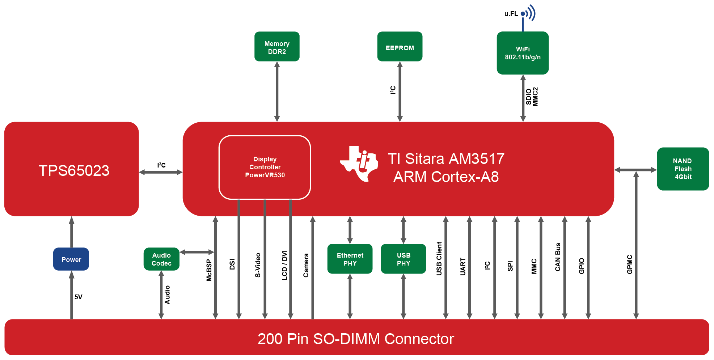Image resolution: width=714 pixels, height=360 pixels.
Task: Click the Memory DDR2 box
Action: (x=277, y=47)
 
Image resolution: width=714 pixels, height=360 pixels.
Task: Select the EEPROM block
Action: (x=400, y=47)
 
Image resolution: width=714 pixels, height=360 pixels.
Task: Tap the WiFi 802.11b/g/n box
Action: (x=523, y=53)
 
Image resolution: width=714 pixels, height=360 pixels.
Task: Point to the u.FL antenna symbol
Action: (x=528, y=14)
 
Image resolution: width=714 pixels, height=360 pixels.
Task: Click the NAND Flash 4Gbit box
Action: (x=683, y=169)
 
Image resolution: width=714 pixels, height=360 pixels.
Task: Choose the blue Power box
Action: (x=71, y=259)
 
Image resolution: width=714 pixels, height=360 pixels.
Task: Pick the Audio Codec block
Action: (x=161, y=259)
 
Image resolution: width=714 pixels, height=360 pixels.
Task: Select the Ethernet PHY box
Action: (x=350, y=259)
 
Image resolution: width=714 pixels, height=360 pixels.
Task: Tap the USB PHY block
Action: (x=403, y=259)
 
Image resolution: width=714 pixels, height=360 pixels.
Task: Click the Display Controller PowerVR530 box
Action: (x=265, y=167)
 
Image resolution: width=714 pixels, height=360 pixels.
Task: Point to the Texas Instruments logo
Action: (x=359, y=164)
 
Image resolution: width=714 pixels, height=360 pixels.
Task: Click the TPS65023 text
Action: (x=74, y=170)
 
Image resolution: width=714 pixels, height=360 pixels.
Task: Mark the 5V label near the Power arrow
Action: (x=79, y=297)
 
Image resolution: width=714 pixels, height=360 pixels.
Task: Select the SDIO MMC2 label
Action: (x=532, y=97)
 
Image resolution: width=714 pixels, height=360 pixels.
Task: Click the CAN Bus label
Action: (x=558, y=257)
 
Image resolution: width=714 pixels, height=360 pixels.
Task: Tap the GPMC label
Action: (x=630, y=264)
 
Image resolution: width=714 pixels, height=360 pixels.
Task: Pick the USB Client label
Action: (x=439, y=259)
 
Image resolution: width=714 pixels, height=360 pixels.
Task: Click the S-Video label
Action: (x=258, y=265)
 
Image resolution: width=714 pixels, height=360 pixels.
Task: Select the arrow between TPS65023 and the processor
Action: (x=161, y=173)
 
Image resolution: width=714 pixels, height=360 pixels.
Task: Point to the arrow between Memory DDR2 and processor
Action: (x=277, y=92)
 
